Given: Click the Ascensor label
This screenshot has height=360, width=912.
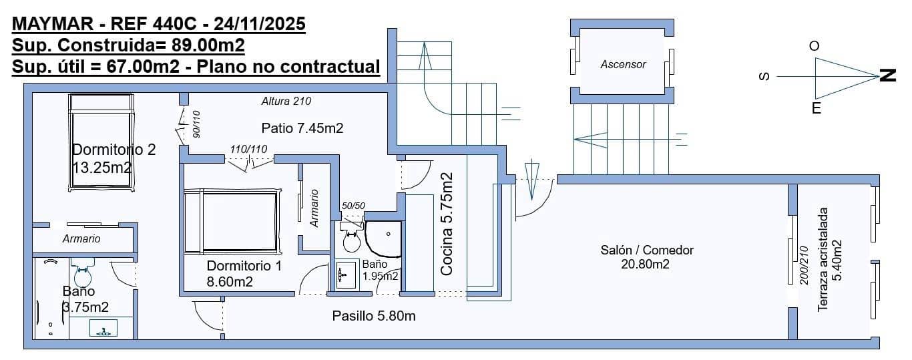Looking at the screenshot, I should (x=623, y=65).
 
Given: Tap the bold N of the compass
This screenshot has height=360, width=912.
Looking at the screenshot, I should (x=888, y=75).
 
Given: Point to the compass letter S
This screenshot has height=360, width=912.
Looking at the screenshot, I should (x=764, y=77).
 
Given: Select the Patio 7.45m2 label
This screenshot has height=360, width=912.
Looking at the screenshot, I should (x=302, y=128).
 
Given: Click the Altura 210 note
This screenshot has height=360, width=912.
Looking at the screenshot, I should (x=286, y=102).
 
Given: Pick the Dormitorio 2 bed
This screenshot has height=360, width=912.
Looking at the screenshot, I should (x=101, y=141).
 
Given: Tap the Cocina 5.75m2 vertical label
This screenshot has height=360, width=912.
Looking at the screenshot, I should (x=447, y=224).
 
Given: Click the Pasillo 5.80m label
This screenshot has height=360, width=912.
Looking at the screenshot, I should (x=374, y=316).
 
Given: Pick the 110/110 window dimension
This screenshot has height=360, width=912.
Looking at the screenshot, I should (x=248, y=148).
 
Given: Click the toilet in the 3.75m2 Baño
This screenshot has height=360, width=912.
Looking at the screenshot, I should (x=83, y=274).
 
